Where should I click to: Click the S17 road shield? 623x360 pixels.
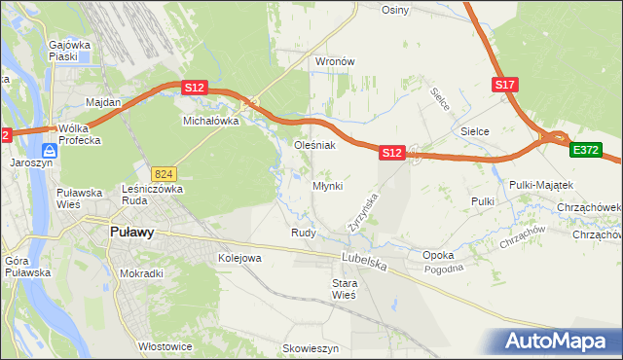point(504,86)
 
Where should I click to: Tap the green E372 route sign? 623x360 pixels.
point(586,150)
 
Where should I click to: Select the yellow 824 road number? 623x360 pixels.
point(163,172)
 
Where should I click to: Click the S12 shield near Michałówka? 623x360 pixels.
point(195,88)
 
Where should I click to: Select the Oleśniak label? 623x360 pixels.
point(315,145)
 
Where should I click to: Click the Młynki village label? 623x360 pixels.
point(327,186)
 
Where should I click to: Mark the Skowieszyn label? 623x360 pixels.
point(310,347)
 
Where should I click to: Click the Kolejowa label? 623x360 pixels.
point(239,258)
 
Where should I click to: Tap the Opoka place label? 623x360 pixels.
point(439,255)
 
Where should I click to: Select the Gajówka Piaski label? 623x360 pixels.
point(69,51)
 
